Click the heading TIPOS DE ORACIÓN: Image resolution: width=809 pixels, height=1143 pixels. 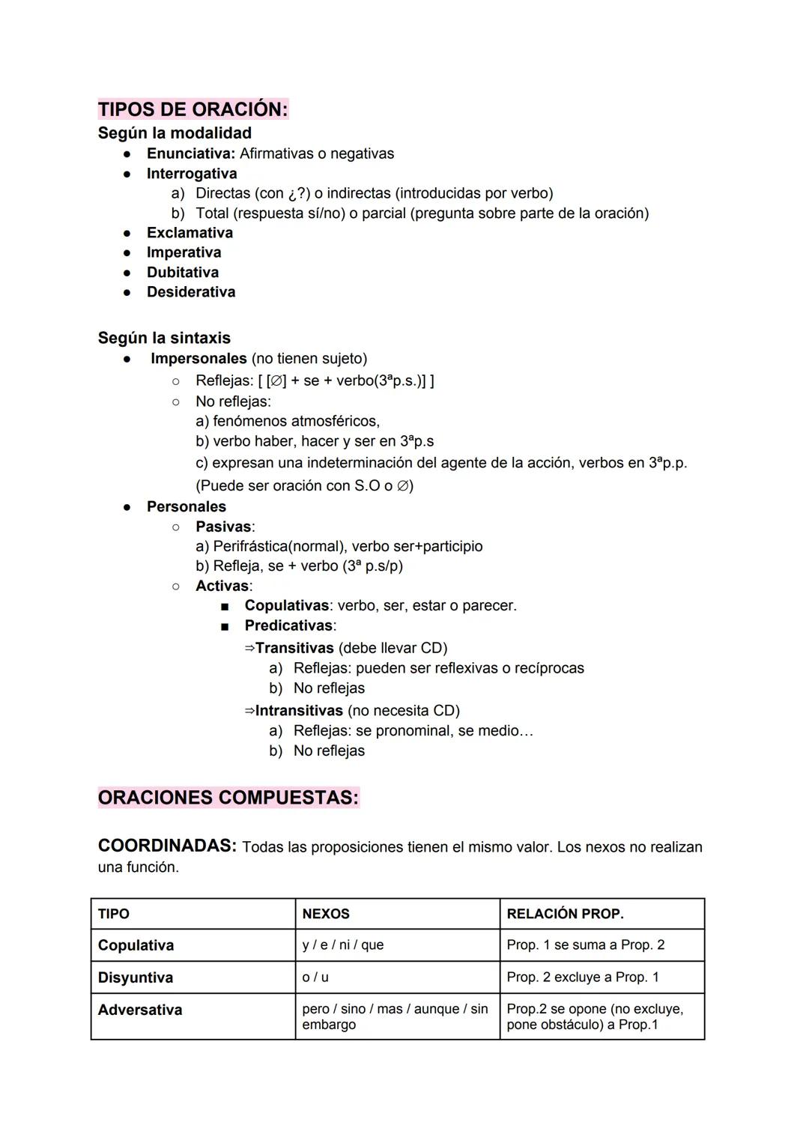click(x=193, y=109)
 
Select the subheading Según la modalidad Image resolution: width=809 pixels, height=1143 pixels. click(x=175, y=133)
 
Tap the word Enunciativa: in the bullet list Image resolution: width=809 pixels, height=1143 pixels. click(x=190, y=154)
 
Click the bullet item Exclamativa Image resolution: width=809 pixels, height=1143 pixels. click(x=190, y=233)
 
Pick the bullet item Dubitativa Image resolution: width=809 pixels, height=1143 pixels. click(x=182, y=273)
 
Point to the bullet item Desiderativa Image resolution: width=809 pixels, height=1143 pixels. click(x=190, y=292)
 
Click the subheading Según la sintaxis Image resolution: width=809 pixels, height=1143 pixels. click(x=164, y=338)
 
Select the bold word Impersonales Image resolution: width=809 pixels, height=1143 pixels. click(x=199, y=359)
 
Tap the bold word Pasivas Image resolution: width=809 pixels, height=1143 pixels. click(x=223, y=527)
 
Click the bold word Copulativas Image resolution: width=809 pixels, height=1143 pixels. click(x=286, y=605)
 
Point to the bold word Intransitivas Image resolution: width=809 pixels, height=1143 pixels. click(x=299, y=711)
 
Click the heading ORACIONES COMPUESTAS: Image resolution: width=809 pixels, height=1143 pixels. click(x=228, y=798)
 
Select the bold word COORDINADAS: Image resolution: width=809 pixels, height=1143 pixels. click(x=167, y=846)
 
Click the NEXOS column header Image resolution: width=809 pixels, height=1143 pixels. click(x=326, y=914)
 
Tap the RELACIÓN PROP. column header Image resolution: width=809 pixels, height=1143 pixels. click(x=565, y=914)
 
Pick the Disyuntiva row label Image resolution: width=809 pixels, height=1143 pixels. click(x=135, y=977)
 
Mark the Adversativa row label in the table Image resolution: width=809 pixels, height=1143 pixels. click(x=139, y=1010)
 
